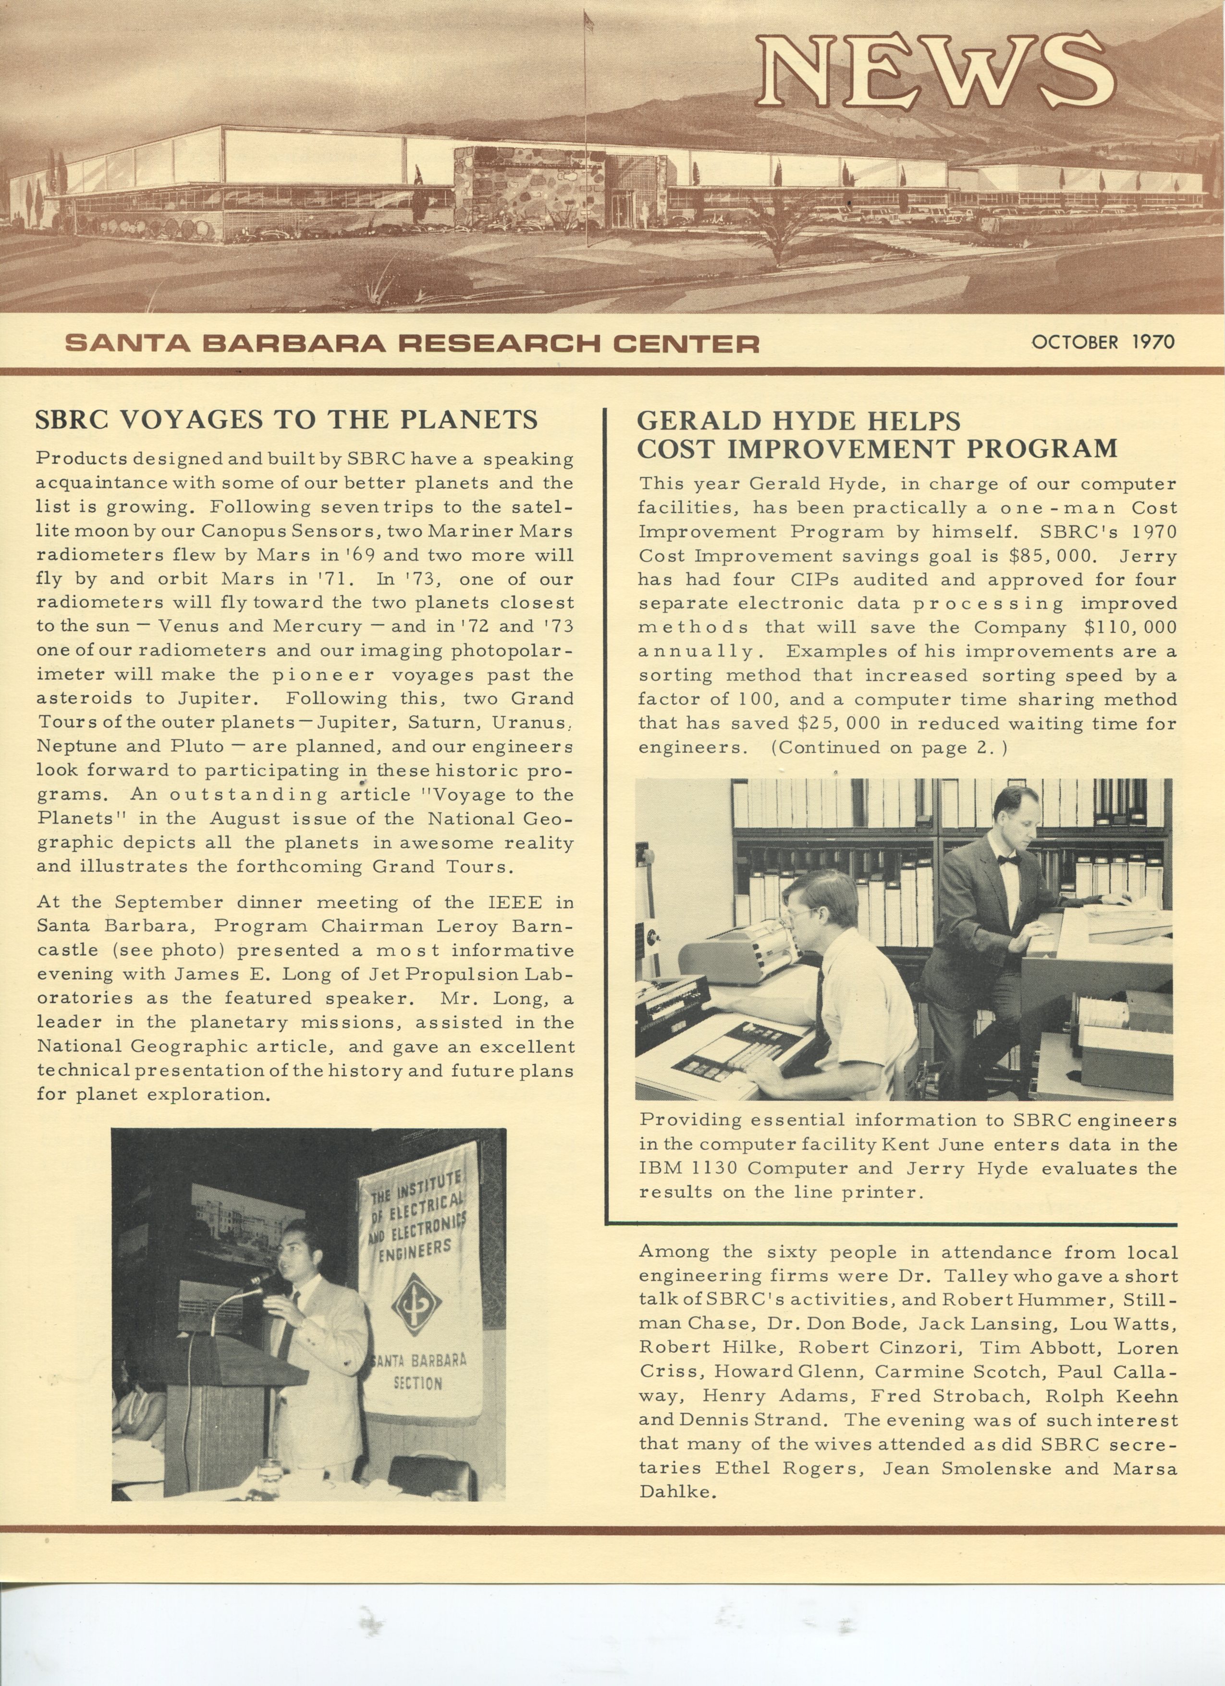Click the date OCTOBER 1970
[x=1102, y=342]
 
